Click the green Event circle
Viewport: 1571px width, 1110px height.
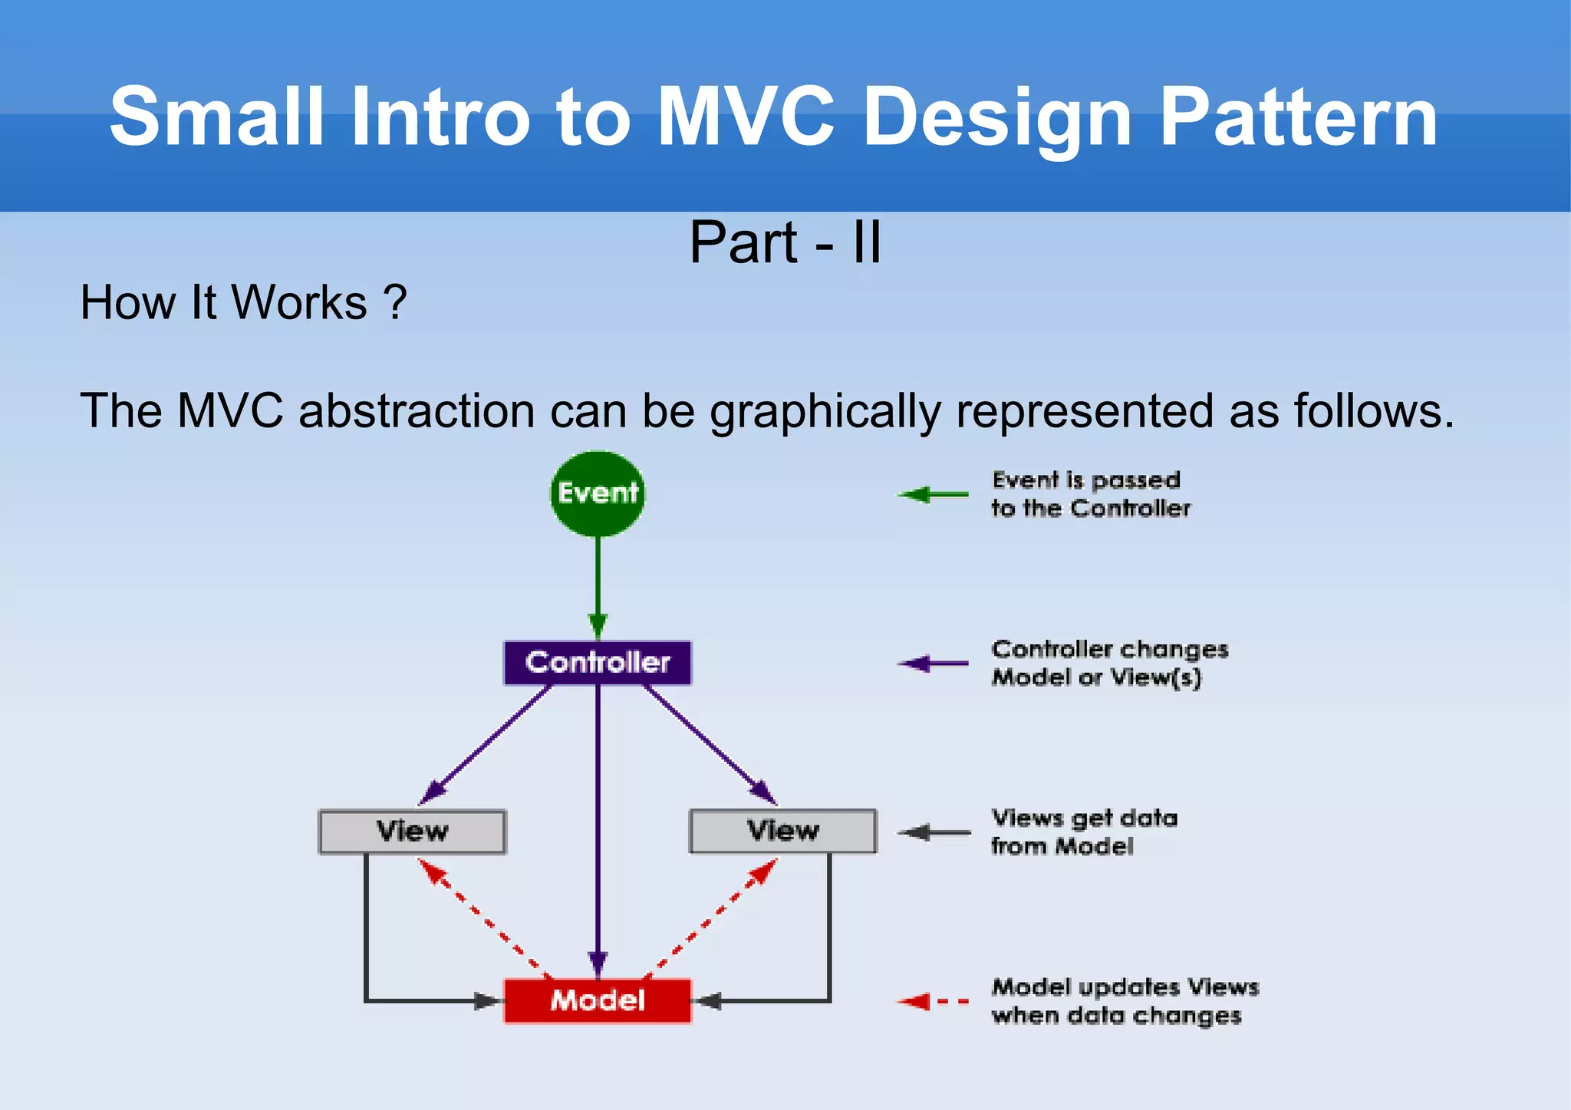(x=598, y=493)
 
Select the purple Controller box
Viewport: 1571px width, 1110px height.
(x=598, y=663)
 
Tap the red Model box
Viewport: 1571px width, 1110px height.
(x=598, y=1000)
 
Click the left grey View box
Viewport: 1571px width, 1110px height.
(x=412, y=832)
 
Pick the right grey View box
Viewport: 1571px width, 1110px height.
(x=782, y=831)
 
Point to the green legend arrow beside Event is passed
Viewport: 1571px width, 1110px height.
(x=933, y=495)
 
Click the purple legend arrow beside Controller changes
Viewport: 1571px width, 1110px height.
(x=933, y=664)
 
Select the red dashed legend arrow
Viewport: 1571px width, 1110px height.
(x=933, y=1001)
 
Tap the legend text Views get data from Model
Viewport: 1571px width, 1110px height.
(x=1083, y=832)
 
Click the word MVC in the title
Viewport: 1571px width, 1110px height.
(x=746, y=117)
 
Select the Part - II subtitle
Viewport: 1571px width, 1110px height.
(x=785, y=242)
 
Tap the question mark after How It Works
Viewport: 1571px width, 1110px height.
(x=395, y=302)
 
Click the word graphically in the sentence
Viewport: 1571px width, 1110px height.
(x=825, y=411)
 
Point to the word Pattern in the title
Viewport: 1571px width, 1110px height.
(x=1298, y=117)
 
